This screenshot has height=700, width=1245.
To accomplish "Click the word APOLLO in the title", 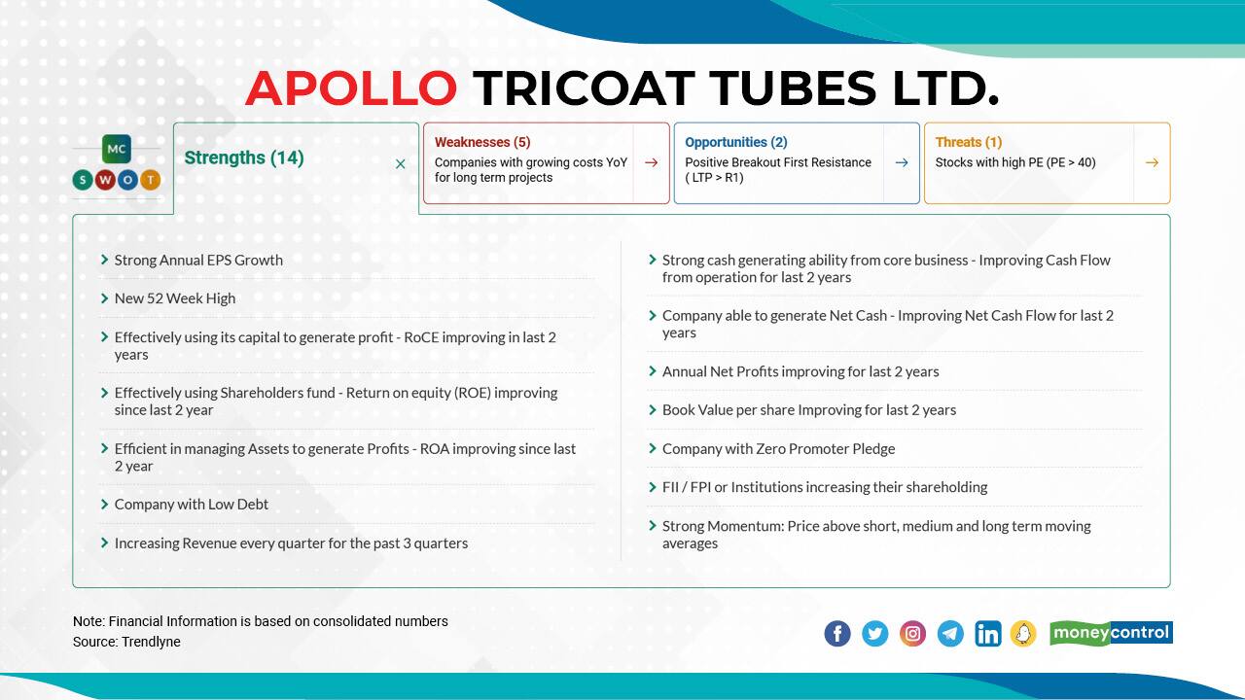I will (x=351, y=88).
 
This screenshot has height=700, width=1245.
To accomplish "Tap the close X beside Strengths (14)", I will (x=400, y=164).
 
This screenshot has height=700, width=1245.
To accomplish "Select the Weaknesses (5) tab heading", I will (x=482, y=142).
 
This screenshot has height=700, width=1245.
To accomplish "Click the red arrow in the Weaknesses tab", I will (x=651, y=162).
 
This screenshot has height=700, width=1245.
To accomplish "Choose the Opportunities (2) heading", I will (x=736, y=142).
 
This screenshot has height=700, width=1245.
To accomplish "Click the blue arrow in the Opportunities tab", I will (x=902, y=162).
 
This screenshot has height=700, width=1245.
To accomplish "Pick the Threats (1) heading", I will (x=969, y=142).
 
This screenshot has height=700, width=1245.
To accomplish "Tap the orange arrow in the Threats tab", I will (x=1152, y=162).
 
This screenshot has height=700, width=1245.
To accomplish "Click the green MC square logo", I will (x=117, y=149).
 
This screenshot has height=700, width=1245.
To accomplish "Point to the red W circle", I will (x=105, y=180).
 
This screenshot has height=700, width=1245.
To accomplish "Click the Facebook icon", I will (x=837, y=634).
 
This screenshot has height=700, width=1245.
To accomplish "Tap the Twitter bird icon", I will (x=874, y=634).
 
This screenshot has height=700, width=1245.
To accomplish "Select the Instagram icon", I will (x=912, y=634).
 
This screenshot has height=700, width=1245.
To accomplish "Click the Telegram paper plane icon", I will (x=950, y=634).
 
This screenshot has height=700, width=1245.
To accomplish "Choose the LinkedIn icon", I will (x=987, y=634).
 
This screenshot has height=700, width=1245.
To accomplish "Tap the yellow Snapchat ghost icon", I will (x=1023, y=634).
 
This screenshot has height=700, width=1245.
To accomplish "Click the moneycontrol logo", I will (x=1111, y=633).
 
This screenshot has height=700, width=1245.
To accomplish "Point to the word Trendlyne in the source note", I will (x=151, y=642).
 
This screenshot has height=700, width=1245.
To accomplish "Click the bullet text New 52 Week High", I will (x=175, y=298).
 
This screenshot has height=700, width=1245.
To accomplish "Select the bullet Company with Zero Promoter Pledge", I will (x=778, y=448).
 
